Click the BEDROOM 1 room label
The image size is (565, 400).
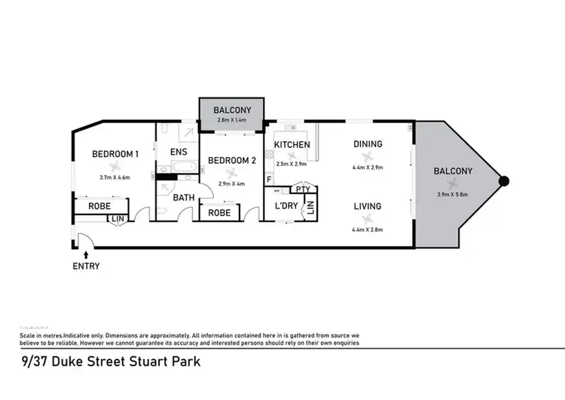(x=115, y=154)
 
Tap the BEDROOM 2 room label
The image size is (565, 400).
(x=232, y=160)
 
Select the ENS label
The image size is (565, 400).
(x=179, y=152)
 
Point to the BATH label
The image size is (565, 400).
(x=184, y=198)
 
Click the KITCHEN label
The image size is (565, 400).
(x=292, y=144)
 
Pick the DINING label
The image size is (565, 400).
(x=368, y=144)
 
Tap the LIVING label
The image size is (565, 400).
(x=368, y=206)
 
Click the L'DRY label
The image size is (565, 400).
(x=286, y=206)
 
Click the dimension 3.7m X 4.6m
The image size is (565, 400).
(x=115, y=178)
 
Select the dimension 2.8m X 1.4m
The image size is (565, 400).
(x=232, y=120)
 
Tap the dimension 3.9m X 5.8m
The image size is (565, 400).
(x=453, y=195)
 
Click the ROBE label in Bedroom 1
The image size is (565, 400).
(x=100, y=205)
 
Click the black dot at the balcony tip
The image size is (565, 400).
(x=505, y=181)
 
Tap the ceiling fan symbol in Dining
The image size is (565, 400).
(x=368, y=156)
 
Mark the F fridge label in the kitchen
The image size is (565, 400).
(x=268, y=180)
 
